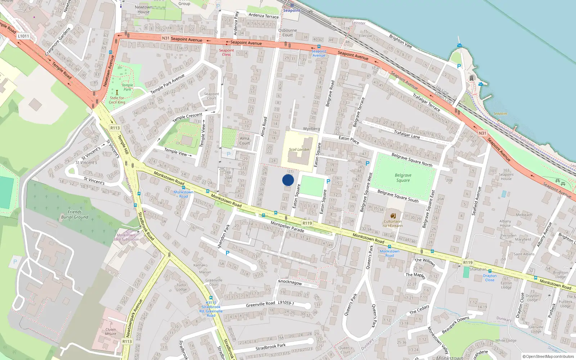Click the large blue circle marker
pyautogui.click(x=288, y=180)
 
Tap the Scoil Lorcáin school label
pyautogui.click(x=299, y=149)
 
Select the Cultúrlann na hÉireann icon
pyautogui.click(x=393, y=216)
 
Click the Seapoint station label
pyautogui.click(x=292, y=10)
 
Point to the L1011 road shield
pyautogui.click(x=23, y=36)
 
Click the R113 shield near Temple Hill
pyautogui.click(x=115, y=128)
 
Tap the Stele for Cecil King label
pyautogui.click(x=117, y=100)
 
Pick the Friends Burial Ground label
pyautogui.click(x=75, y=215)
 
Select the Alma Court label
pyautogui.click(x=244, y=140)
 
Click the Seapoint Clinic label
pyautogui.click(x=226, y=52)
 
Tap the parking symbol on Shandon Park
pyautogui.click(x=228, y=253)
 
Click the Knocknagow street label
pyautogui.click(x=290, y=282)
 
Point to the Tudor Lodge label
pyautogui.click(x=181, y=287)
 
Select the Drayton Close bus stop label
pyautogui.click(x=490, y=278)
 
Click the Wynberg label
pyautogui.click(x=311, y=129)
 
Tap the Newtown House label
pyautogui.click(x=143, y=9)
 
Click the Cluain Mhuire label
pyautogui.click(x=111, y=331)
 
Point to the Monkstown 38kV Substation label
pyautogui.click(x=126, y=237)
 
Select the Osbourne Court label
pyautogui.click(x=287, y=32)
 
